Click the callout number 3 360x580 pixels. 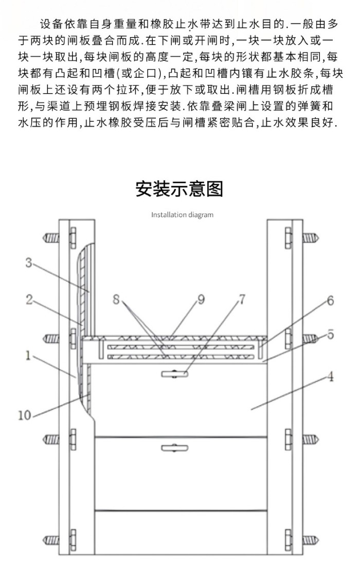29,263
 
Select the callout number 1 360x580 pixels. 29,355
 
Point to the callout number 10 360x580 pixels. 25,415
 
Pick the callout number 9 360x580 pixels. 201,299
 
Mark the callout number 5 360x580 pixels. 330,335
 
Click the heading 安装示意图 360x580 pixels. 179,189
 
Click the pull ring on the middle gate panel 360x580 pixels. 175,448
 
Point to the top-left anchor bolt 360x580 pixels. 51,238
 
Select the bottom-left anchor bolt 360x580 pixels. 51,539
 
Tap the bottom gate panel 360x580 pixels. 181,533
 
